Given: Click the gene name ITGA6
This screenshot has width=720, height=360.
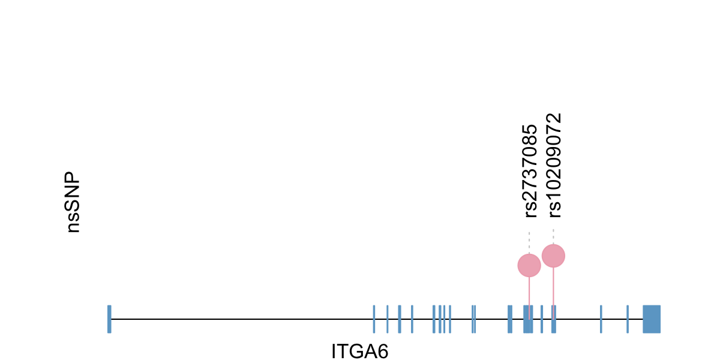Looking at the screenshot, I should click(359, 351).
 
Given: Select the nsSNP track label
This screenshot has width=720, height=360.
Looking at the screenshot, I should click(73, 203).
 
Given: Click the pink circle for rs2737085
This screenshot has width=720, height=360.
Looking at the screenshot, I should click(529, 265).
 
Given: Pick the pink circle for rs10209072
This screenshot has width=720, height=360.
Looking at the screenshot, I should click(553, 256).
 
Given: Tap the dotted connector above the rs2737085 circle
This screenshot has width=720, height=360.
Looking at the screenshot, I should click(529, 242).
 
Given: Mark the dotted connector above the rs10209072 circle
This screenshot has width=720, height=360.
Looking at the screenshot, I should click(553, 236).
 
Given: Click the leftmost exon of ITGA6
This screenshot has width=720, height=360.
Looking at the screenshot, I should click(109, 319).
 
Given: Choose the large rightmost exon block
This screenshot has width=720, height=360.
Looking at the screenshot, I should click(651, 319).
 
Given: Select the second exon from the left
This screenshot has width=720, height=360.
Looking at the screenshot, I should click(374, 319).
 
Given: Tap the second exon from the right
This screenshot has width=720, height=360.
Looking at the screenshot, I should click(627, 319).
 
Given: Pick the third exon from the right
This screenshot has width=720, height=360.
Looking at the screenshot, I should click(601, 319).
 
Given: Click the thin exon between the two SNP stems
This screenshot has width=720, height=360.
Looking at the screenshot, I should click(542, 319).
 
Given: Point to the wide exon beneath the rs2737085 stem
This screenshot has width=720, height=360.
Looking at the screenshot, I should click(527, 319).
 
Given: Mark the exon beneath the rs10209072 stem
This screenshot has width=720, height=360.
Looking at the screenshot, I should click(554, 319).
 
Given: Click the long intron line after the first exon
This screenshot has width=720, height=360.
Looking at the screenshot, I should click(240, 319).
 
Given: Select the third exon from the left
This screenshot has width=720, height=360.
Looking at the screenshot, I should click(388, 319).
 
